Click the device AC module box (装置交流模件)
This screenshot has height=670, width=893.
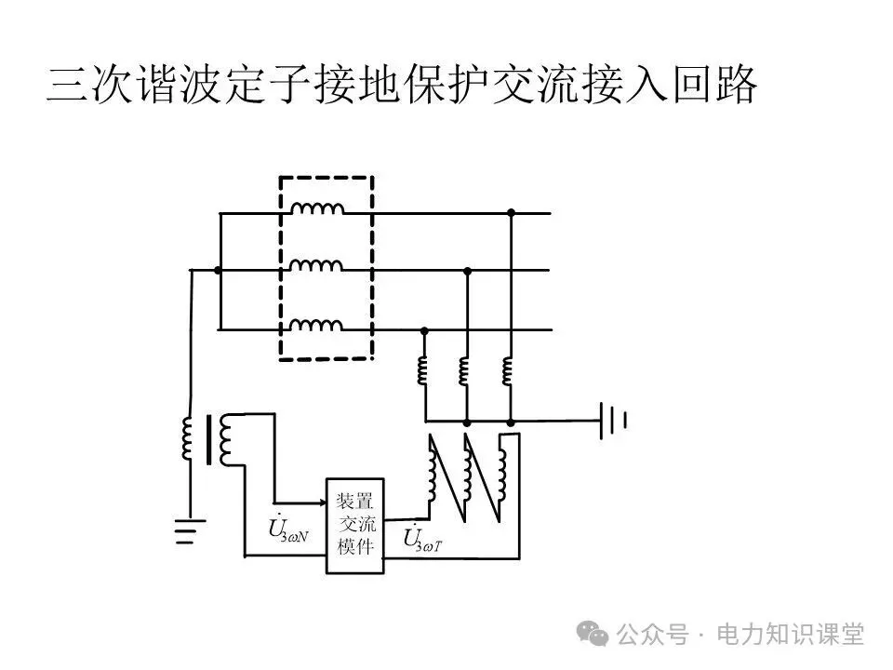click(354, 526)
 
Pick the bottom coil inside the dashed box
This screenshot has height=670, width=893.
click(316, 325)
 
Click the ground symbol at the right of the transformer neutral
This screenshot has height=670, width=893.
click(613, 421)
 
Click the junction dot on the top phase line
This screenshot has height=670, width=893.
click(511, 213)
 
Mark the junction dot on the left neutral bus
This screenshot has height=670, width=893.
click(219, 271)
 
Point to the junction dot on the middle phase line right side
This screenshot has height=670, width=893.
click(467, 271)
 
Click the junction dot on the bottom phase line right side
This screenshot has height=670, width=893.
click(424, 329)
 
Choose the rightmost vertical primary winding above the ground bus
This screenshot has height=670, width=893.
click(508, 369)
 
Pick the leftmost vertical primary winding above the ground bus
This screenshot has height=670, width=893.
click(422, 369)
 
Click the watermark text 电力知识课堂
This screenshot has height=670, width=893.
click(790, 635)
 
